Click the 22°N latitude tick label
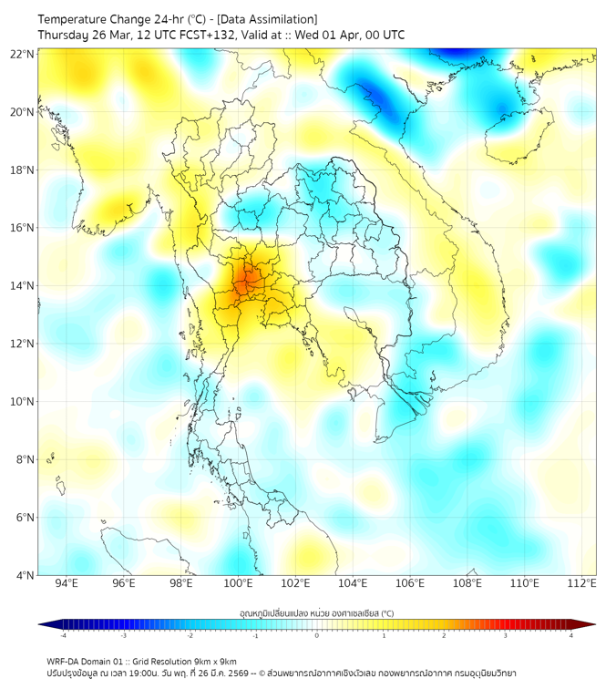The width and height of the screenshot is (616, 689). point(23,54)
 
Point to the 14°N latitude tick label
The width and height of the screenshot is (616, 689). point(23,285)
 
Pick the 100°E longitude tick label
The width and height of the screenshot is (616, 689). point(239,584)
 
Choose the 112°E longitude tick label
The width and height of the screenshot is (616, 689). point(581,584)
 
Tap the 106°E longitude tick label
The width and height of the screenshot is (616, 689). point(410,584)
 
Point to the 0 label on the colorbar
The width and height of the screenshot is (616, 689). point(317,636)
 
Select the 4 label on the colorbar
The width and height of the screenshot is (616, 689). point(570,636)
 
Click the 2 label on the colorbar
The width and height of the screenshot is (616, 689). point(444,636)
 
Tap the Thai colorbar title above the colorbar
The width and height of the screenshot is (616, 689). point(316,612)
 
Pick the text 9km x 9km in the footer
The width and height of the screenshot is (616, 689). point(214,661)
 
